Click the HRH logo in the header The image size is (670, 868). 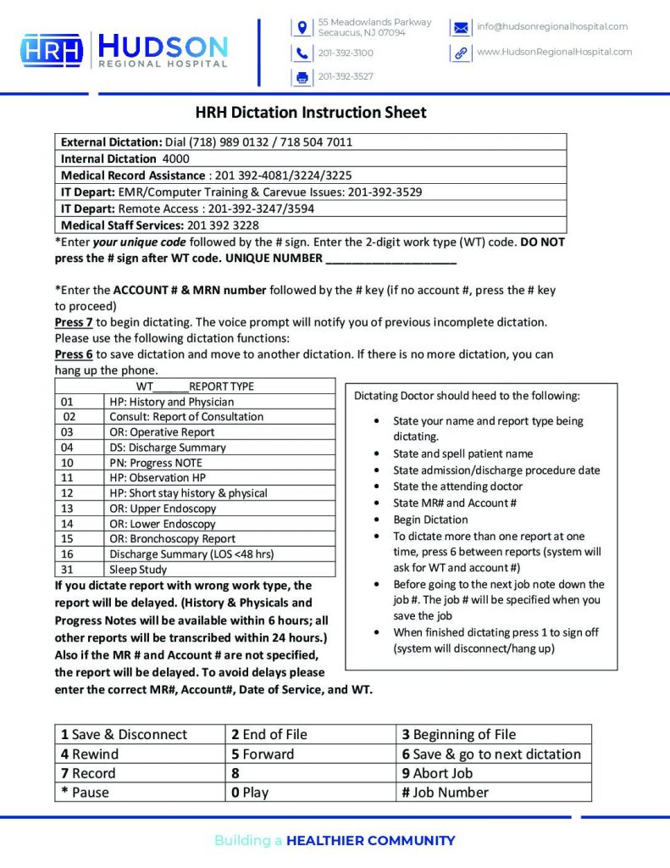click(52, 50)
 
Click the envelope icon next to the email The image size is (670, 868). click(460, 27)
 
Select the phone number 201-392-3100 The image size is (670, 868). click(346, 53)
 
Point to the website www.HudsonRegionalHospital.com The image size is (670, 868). click(554, 52)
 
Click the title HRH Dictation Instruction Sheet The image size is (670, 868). click(311, 112)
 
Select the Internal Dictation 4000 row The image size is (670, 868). click(125, 159)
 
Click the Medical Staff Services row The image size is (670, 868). click(160, 225)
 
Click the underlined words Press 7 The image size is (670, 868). click(74, 322)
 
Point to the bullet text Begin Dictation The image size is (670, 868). click(430, 520)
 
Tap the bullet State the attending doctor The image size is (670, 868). click(457, 487)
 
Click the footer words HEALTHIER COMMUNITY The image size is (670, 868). click(370, 841)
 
